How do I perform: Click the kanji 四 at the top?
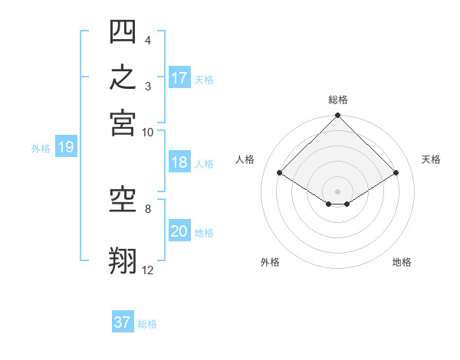(x=123, y=31)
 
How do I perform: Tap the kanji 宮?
(x=123, y=123)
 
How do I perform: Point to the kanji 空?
(x=123, y=200)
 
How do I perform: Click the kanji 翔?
(x=123, y=260)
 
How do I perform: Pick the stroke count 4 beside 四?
(x=148, y=40)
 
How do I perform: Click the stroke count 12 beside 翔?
(x=147, y=270)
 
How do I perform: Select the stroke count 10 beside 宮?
(x=147, y=133)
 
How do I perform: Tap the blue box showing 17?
(x=179, y=77)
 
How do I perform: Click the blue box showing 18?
(x=179, y=162)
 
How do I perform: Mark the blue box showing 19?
(x=66, y=146)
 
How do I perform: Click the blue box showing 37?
(x=123, y=321)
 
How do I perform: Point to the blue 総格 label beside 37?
(x=147, y=324)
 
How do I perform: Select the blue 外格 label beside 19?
(x=41, y=149)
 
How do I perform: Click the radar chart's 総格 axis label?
(x=338, y=100)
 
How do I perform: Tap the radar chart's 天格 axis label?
(x=431, y=159)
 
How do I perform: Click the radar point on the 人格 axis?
(x=279, y=172)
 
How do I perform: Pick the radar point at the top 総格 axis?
(x=337, y=115)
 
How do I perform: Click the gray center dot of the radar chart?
(x=337, y=191)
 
